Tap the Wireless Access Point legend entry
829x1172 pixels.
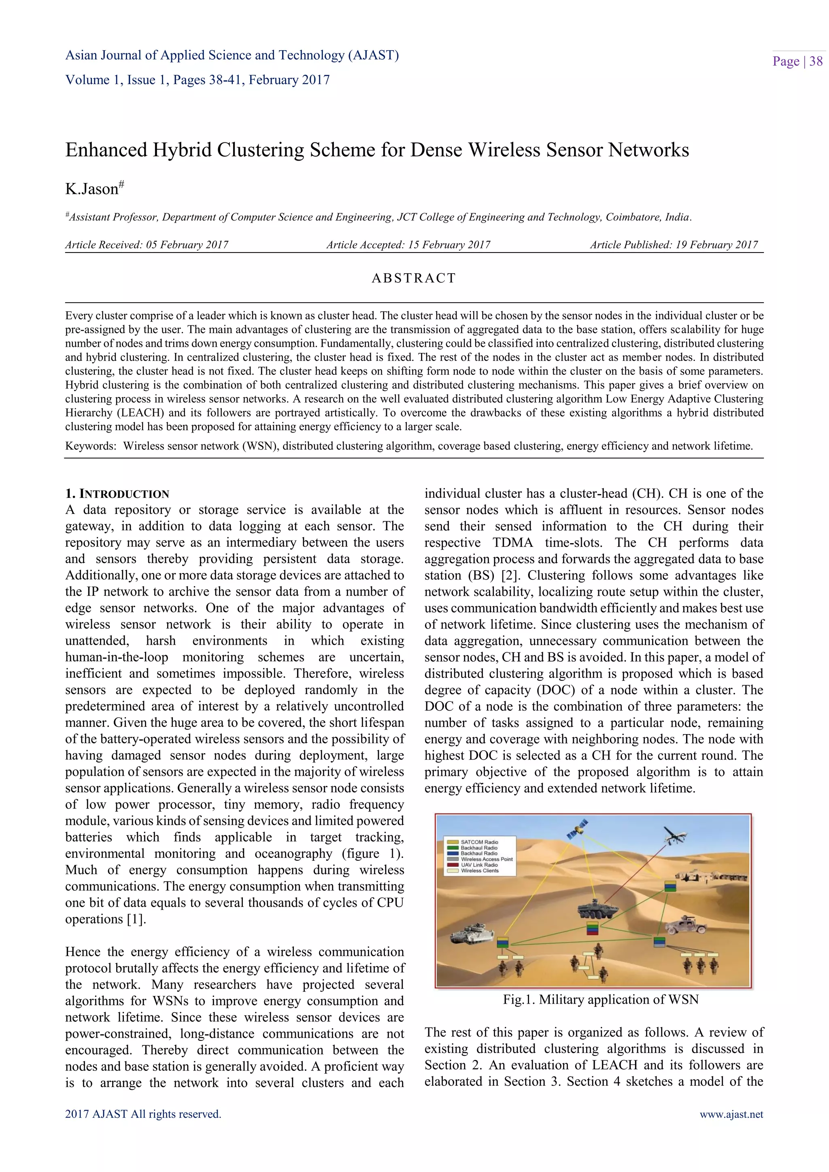tap(486, 859)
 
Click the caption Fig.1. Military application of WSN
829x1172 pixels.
tap(600, 999)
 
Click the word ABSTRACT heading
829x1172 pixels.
tap(413, 278)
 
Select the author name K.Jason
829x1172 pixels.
tap(92, 189)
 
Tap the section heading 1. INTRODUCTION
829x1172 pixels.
tap(117, 494)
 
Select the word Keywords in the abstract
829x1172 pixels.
tap(90, 446)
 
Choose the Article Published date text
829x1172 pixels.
tap(674, 244)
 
